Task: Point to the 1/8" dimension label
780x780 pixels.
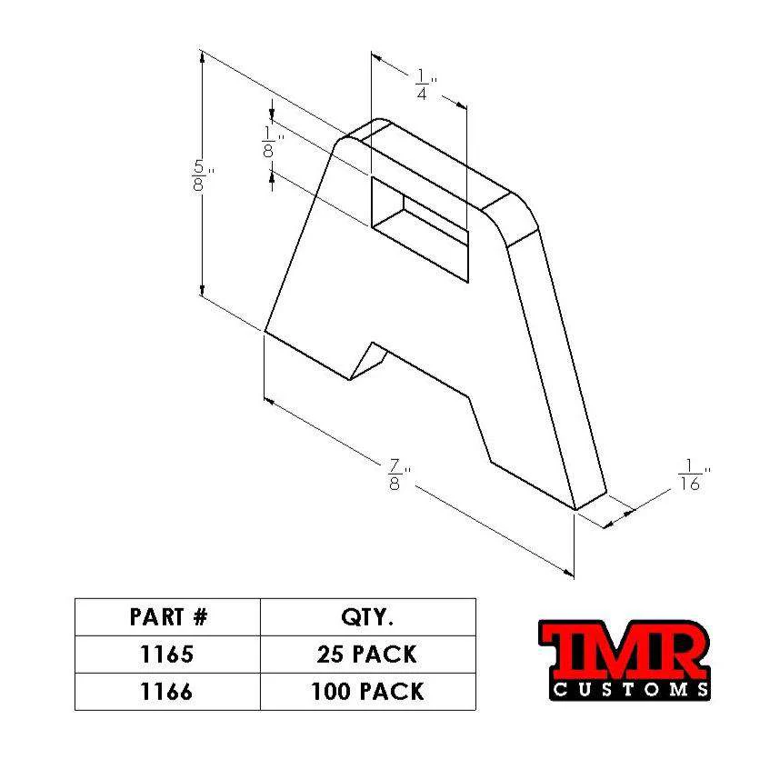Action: point(269,143)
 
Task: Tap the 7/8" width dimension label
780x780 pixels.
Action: point(397,475)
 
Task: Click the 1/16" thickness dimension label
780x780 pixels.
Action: point(691,477)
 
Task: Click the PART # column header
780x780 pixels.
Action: point(168,617)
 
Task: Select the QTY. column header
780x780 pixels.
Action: point(367,617)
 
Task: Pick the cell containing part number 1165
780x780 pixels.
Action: point(168,654)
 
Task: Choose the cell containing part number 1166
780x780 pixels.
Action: point(168,691)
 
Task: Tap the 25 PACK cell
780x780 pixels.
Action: point(367,654)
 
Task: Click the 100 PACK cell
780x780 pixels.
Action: point(367,691)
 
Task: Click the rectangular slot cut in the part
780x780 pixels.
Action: point(418,227)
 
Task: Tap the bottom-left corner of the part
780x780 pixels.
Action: point(265,332)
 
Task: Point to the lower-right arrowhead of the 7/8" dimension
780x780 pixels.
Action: point(570,572)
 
